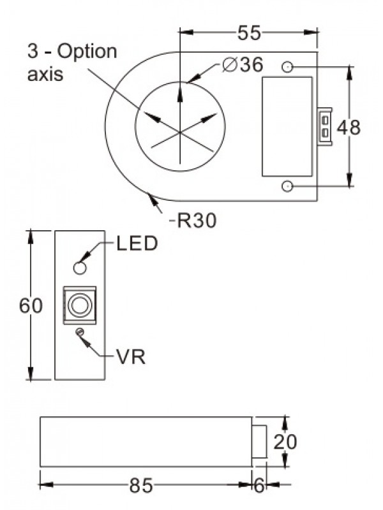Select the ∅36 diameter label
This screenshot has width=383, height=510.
pos(243,65)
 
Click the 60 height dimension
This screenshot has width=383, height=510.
pos(30,306)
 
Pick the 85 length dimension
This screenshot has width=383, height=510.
pos(141,486)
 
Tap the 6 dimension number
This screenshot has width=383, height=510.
pos(260,486)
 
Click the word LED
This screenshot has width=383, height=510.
pos(137,244)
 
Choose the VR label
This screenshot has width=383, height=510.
pos(130,357)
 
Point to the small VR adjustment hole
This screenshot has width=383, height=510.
pos(80,331)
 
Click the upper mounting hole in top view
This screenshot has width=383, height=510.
pos(288,66)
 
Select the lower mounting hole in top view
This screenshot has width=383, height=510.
pos(288,186)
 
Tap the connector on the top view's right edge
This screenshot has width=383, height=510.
pos(325,126)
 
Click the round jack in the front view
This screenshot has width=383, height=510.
pos(80,305)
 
